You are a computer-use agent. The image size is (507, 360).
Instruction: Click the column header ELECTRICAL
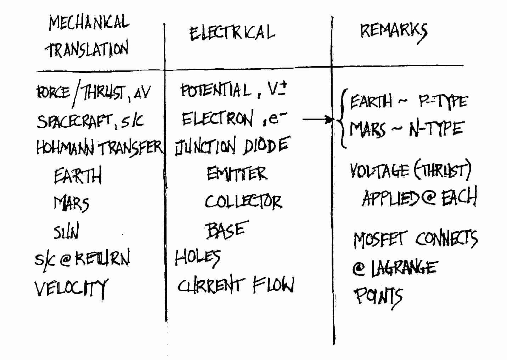232,34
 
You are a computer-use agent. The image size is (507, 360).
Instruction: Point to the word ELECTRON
218,118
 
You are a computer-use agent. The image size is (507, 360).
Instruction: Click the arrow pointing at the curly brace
318,119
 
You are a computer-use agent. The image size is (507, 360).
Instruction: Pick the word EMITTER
237,173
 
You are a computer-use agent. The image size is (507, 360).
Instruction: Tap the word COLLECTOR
243,201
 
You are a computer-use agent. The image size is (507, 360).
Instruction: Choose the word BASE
226,230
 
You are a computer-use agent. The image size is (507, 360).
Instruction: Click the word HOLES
197,258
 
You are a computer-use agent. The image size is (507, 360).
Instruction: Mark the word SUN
66,230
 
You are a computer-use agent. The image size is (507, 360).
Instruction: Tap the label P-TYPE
443,101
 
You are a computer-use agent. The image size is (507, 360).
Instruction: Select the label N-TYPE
437,129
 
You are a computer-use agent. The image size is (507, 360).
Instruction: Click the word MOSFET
379,240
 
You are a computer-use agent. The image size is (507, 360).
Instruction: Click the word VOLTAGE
379,171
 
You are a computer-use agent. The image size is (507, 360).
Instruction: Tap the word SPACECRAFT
75,121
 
